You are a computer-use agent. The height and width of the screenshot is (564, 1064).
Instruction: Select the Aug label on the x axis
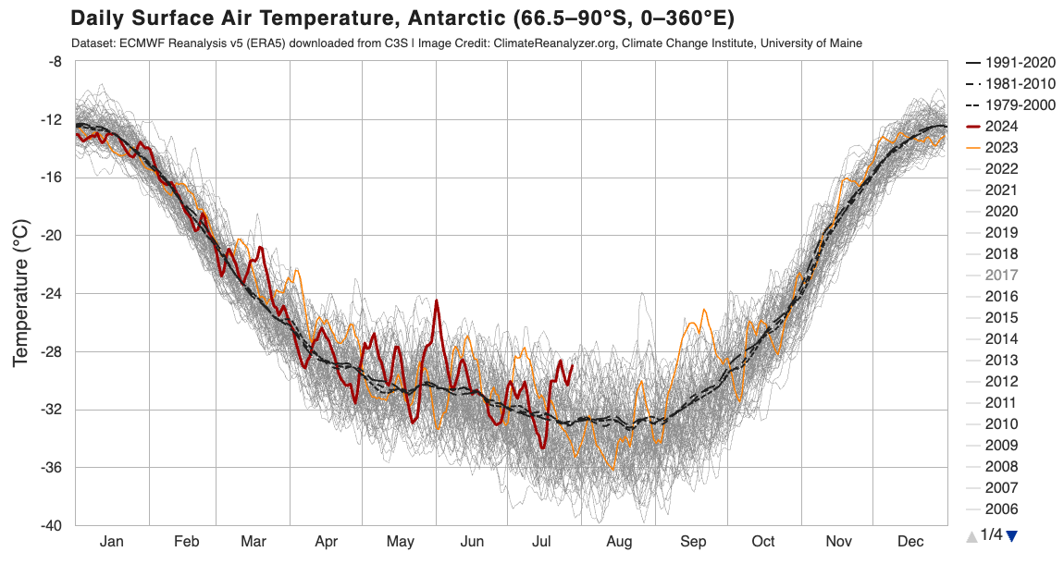pos(619,542)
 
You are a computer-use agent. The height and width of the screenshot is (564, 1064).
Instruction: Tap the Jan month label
pos(111,542)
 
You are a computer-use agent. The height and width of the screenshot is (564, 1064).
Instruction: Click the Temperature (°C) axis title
pos(20,293)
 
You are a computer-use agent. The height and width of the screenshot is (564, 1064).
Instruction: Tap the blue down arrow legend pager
pos(1011,534)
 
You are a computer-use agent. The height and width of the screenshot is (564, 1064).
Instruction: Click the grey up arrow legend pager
pos(971,534)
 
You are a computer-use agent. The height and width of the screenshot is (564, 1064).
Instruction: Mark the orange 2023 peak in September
pos(704,311)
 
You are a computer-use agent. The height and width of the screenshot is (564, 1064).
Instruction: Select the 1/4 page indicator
pos(991,534)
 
